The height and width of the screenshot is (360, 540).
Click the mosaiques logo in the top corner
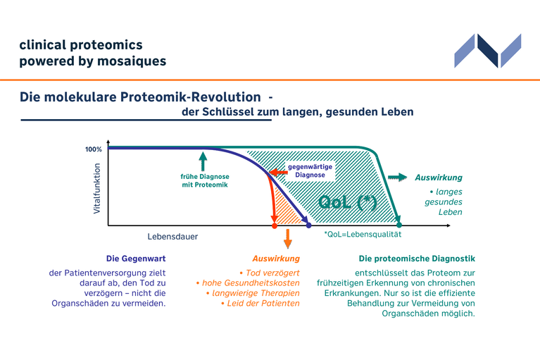click(x=488, y=51)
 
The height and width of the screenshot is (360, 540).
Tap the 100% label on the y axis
click(x=94, y=149)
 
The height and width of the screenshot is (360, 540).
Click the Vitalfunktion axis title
click(x=96, y=188)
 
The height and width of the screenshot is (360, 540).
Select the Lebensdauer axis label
click(x=172, y=237)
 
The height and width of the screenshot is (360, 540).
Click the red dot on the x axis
click(x=275, y=225)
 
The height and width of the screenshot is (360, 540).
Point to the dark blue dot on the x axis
click(x=308, y=225)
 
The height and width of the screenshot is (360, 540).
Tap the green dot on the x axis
click(x=399, y=225)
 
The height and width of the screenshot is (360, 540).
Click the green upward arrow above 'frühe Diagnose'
click(x=203, y=161)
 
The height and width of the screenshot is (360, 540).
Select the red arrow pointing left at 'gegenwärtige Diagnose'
click(x=278, y=172)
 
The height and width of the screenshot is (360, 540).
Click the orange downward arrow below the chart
click(x=287, y=239)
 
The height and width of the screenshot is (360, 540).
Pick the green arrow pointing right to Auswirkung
click(x=397, y=178)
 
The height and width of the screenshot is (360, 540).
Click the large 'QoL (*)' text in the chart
click(x=348, y=202)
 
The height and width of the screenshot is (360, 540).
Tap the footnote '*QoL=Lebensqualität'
click(x=363, y=235)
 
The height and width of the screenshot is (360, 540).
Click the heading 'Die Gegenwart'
click(x=136, y=259)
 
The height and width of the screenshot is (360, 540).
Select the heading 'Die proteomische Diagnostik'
click(x=417, y=259)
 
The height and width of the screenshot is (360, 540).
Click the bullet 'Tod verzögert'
click(x=270, y=273)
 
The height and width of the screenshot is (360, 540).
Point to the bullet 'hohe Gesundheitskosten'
click(x=248, y=283)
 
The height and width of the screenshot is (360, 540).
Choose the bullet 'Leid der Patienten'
click(x=260, y=304)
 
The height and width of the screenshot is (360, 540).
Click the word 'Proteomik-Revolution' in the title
click(x=191, y=97)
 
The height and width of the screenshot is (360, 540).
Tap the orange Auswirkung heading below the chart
click(x=276, y=259)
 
